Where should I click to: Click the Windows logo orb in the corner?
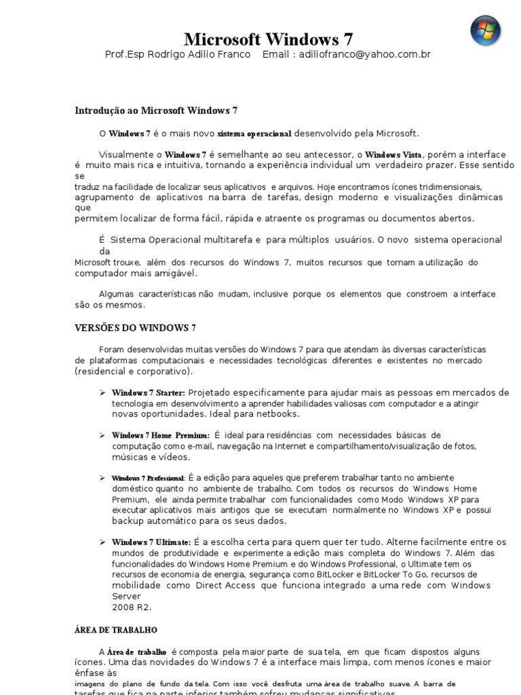(x=486, y=31)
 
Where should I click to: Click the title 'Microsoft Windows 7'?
(x=268, y=39)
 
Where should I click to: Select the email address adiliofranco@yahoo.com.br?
(x=364, y=54)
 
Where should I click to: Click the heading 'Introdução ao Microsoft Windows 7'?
(x=155, y=110)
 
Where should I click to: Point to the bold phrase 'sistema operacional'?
(x=254, y=134)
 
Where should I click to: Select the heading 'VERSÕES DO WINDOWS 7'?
(x=135, y=328)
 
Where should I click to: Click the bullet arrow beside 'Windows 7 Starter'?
(x=102, y=392)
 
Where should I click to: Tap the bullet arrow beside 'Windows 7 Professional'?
(x=102, y=478)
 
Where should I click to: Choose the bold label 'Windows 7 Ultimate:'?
(x=151, y=542)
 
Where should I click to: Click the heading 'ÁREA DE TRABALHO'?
(x=115, y=630)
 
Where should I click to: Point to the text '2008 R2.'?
(x=132, y=607)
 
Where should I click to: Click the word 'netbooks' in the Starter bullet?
(x=278, y=413)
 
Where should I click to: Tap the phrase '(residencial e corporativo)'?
(x=133, y=371)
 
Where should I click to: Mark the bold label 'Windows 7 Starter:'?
(x=148, y=392)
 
